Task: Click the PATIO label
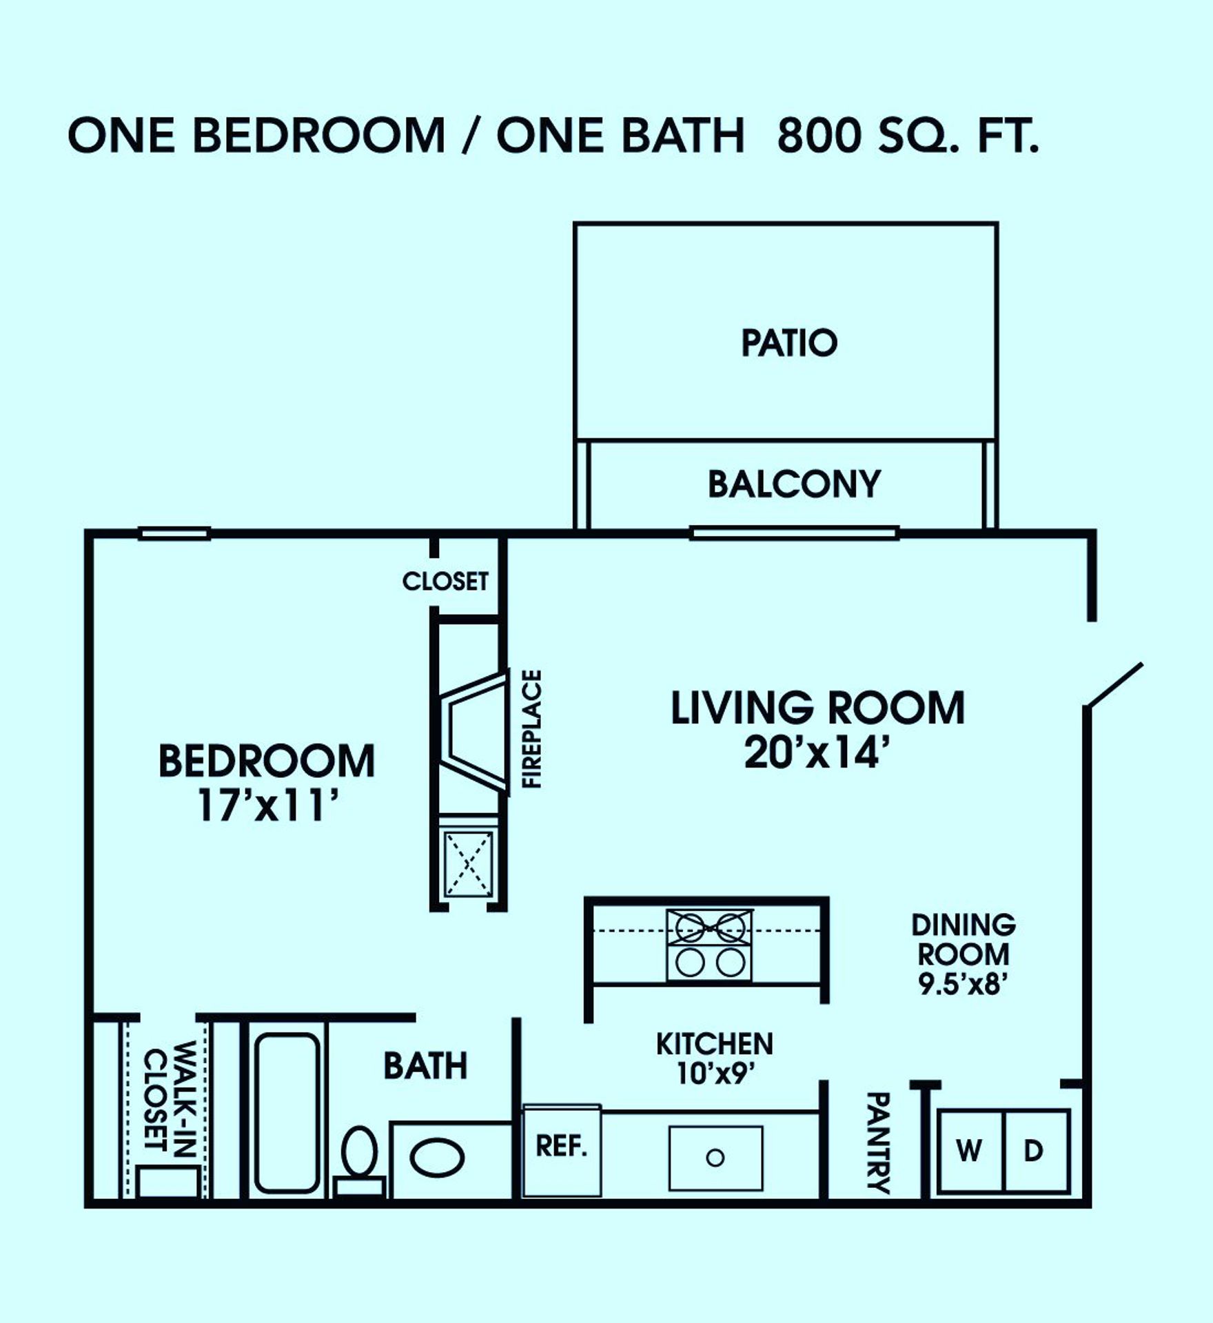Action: (x=789, y=342)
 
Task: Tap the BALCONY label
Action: (x=795, y=484)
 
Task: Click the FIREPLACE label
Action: (x=532, y=728)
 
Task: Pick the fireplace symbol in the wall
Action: (x=473, y=732)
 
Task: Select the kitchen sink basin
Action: (x=716, y=1158)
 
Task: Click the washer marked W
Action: (x=970, y=1151)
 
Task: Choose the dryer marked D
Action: (x=1035, y=1151)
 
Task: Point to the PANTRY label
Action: (x=878, y=1142)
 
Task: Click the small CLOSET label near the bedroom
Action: (x=445, y=581)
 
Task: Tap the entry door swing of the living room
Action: (x=1113, y=685)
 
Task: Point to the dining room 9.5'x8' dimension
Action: (x=964, y=984)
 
